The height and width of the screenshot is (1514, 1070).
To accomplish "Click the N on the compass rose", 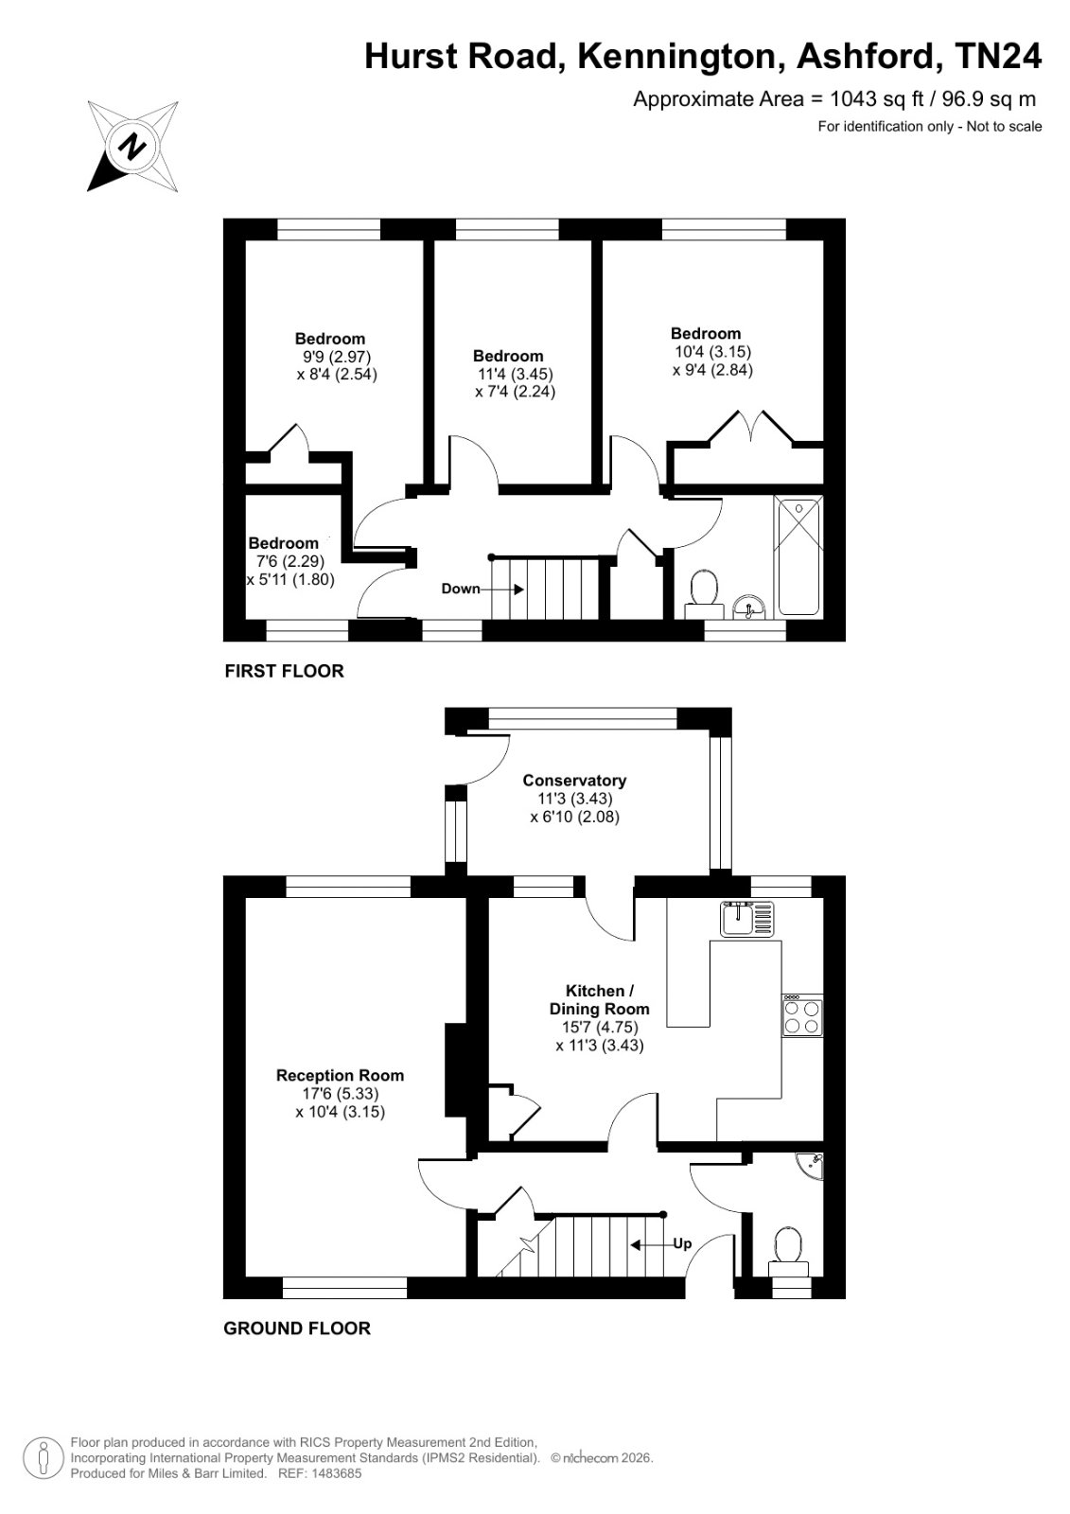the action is coord(133,146).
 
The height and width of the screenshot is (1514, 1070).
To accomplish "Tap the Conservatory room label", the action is coord(574,781).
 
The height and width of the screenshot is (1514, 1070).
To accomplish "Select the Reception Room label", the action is coord(340,1075).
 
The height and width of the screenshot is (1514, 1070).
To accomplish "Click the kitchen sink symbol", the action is coord(746,919).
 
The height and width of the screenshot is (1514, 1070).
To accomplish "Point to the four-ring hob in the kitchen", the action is coord(803,1016).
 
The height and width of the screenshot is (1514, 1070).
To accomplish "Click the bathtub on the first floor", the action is coord(798,557).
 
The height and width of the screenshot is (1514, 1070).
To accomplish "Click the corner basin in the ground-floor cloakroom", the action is coord(812,1165).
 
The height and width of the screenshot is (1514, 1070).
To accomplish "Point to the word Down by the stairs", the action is coord(461,589).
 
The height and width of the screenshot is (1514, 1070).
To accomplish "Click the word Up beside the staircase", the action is coord(682,1243).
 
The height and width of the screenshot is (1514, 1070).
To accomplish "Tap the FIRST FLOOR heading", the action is coord(284,671).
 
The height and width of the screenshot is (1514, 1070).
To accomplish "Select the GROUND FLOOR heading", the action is coord(297,1329).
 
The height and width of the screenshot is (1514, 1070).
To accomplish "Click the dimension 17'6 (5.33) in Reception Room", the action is coord(341,1094).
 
